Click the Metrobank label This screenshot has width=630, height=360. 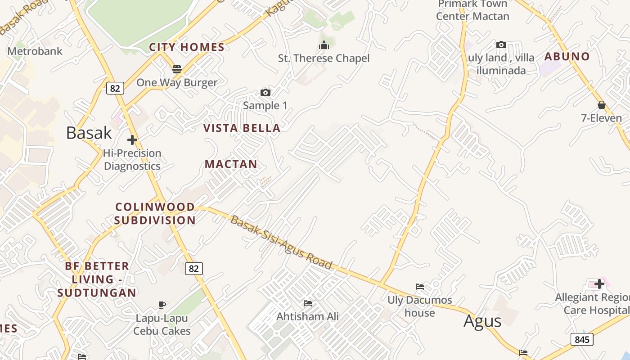[35, 51]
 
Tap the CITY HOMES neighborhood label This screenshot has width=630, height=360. [187, 47]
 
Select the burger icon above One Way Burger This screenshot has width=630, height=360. [177, 69]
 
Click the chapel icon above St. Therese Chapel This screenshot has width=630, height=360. [324, 45]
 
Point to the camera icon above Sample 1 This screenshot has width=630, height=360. [265, 93]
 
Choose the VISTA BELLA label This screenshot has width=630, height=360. [242, 128]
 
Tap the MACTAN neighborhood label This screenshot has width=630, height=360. [231, 164]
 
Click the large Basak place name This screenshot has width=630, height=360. [89, 133]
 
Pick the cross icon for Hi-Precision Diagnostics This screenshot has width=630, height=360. [132, 140]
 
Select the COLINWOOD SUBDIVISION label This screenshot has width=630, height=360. [155, 214]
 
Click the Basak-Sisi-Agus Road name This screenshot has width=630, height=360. [281, 242]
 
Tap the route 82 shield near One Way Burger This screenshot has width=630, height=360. [115, 88]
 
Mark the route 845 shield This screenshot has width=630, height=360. [582, 339]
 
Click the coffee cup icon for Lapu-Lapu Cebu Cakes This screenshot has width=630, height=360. [162, 305]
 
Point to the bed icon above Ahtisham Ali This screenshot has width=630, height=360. [308, 303]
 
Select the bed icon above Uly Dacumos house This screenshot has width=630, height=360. [420, 286]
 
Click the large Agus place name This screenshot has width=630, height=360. [482, 321]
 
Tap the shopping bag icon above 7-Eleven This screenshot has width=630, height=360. [602, 105]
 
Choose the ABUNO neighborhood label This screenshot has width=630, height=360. [567, 57]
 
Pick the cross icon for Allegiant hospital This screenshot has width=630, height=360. [599, 284]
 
